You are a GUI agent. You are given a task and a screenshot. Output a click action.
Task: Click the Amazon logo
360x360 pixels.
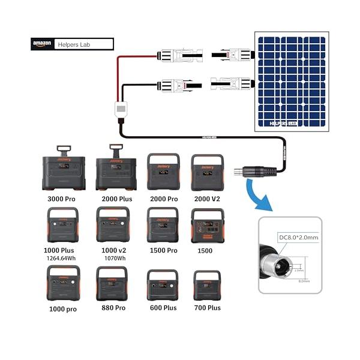point(42,44)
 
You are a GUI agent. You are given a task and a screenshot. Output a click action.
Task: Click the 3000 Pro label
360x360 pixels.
point(63,198)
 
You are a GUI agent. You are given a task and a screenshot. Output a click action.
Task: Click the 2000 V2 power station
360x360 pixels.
point(207,172)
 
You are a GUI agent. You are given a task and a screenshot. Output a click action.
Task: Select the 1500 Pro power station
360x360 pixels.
point(163,225)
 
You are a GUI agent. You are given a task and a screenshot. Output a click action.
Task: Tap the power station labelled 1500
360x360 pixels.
point(207,226)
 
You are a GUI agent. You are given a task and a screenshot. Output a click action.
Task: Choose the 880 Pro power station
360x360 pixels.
point(112,284)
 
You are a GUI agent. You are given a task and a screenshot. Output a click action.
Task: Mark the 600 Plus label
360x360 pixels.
point(163,308)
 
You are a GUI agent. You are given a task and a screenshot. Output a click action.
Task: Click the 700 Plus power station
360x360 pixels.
point(207,286)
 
